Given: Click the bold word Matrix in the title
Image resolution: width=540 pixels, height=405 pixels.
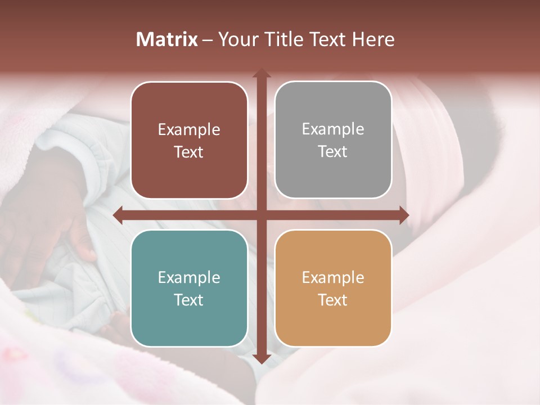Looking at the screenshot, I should [x=167, y=39].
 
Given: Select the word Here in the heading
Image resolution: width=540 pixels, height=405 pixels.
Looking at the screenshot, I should [x=373, y=39].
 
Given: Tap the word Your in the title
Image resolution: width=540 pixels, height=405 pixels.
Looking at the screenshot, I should [x=236, y=39].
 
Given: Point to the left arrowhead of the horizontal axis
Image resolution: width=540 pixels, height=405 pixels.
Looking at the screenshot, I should [x=118, y=215].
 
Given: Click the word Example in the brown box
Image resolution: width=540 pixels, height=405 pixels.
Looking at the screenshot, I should [x=189, y=130].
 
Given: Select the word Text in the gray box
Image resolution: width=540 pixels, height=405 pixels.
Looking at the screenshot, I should [x=333, y=151].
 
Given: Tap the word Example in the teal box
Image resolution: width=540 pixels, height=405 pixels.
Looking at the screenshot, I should [x=189, y=277].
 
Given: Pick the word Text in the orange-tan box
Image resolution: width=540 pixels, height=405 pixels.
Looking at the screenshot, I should [x=333, y=300].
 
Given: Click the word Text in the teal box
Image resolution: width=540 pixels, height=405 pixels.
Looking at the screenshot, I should [x=189, y=300].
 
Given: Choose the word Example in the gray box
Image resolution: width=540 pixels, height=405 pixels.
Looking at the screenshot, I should [x=333, y=129].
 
